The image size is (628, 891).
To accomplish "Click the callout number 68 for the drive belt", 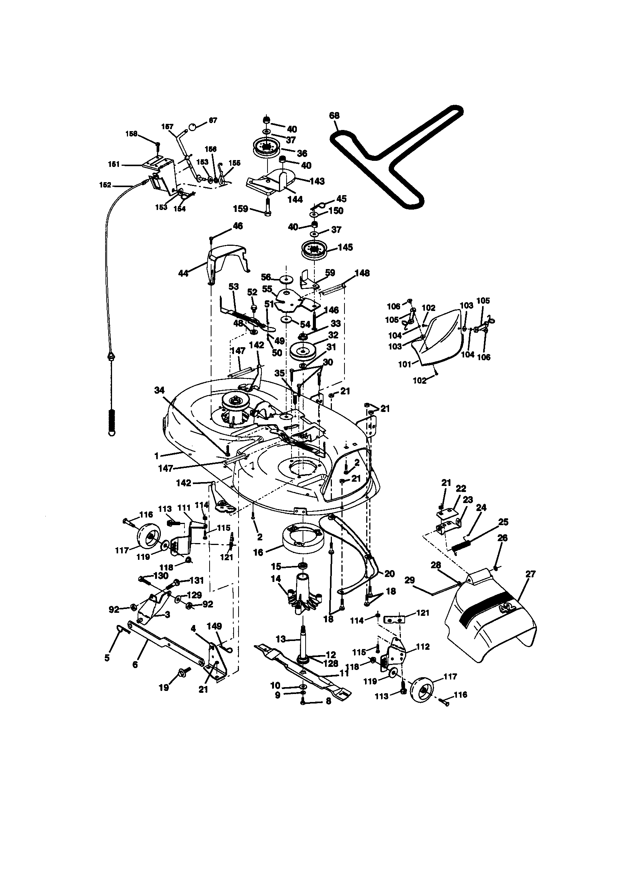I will pyautogui.click(x=334, y=115).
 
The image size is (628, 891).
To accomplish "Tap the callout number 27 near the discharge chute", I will pyautogui.click(x=530, y=574).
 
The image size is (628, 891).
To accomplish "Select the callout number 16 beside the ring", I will pyautogui.click(x=258, y=552).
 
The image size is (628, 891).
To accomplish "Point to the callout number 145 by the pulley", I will pyautogui.click(x=345, y=247).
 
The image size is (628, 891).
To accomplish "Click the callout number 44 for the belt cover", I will pyautogui.click(x=183, y=273).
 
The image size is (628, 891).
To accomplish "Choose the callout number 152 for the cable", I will pyautogui.click(x=105, y=185).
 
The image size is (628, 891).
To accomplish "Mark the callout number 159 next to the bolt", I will pyautogui.click(x=240, y=209).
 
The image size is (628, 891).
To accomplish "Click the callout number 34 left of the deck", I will pyautogui.click(x=159, y=390).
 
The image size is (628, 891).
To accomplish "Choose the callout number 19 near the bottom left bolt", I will pyautogui.click(x=164, y=687).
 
